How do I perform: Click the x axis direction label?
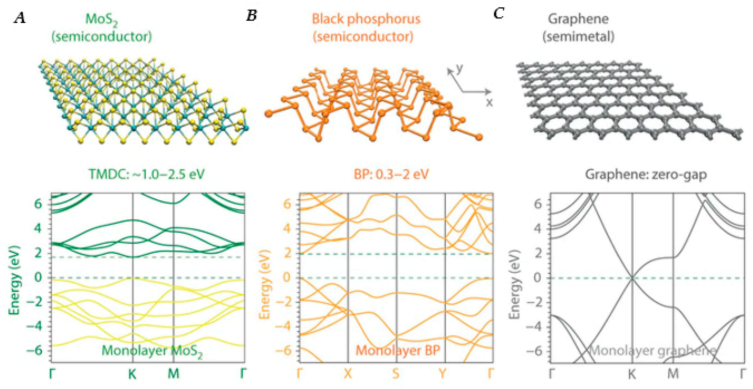(x=489, y=103)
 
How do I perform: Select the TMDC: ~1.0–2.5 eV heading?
(x=146, y=174)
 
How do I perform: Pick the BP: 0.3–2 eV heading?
(x=391, y=174)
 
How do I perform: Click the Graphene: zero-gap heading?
(x=646, y=174)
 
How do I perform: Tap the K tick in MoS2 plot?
(x=132, y=373)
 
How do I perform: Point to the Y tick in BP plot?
(x=443, y=373)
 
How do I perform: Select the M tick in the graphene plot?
(x=673, y=373)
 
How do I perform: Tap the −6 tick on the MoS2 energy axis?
(x=34, y=350)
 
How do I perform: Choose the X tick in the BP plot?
(x=348, y=373)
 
